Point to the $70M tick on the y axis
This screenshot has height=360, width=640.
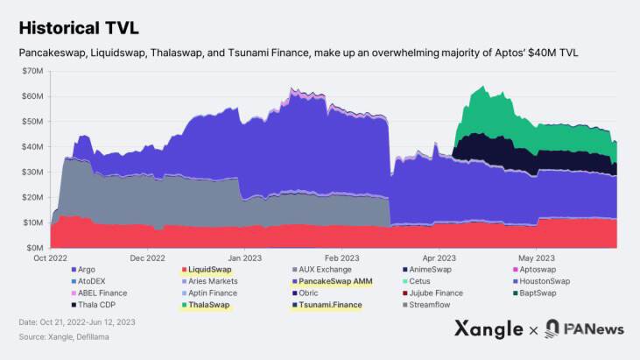33,70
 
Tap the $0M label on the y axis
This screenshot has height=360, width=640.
36,248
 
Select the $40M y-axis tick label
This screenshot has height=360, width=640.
33,146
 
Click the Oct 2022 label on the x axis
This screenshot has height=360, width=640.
51,258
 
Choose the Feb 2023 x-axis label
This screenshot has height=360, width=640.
341,258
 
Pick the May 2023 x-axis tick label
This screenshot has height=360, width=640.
537,258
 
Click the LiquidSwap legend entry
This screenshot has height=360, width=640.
213,269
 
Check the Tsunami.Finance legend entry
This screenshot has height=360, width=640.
331,306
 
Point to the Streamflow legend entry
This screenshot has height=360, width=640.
434,306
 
